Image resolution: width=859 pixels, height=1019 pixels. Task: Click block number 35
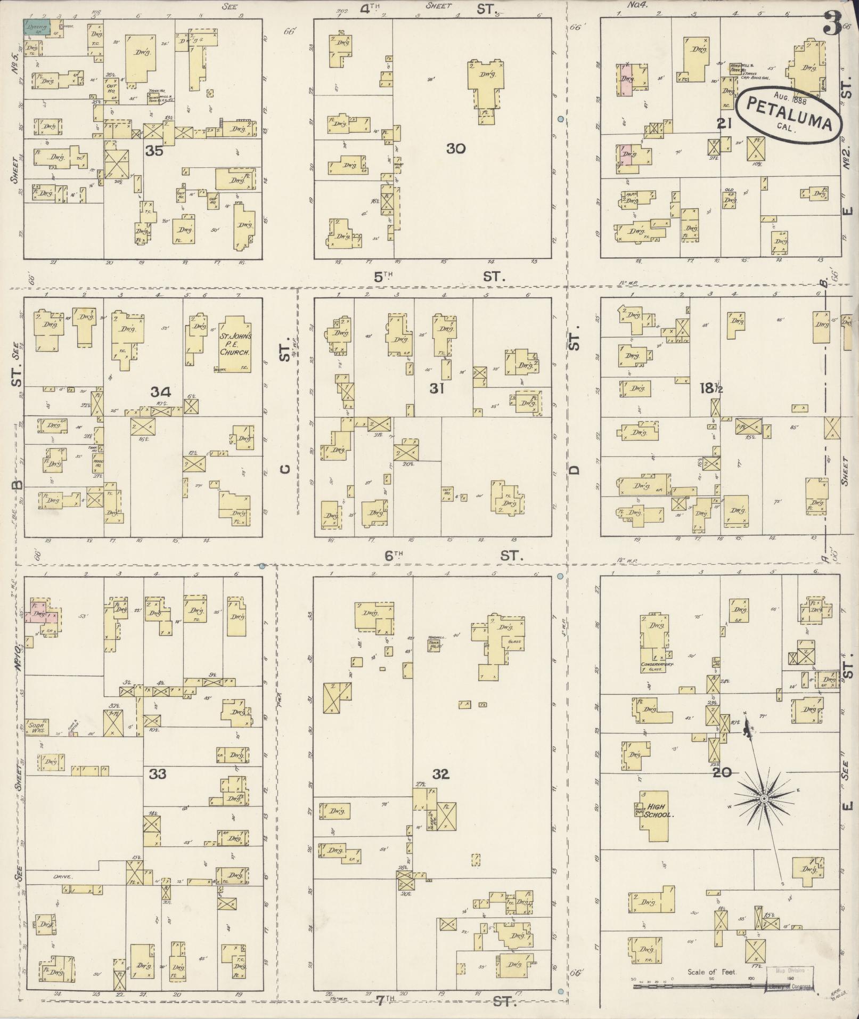(154, 151)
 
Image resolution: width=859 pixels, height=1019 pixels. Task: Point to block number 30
(456, 148)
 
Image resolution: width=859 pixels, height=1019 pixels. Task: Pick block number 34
(160, 393)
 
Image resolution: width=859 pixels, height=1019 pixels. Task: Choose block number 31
(437, 389)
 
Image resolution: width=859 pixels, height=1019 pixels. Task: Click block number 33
(158, 773)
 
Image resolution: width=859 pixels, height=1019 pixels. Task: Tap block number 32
(441, 774)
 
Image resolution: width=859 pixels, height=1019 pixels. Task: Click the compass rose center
(763, 798)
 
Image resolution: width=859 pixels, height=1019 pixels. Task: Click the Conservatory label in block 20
(658, 665)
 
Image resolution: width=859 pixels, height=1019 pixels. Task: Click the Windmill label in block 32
(437, 638)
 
